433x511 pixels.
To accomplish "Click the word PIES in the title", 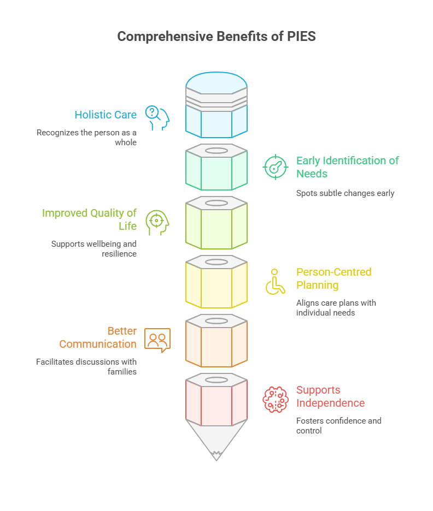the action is pyautogui.click(x=301, y=37).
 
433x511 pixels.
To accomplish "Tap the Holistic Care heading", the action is pyautogui.click(x=106, y=115).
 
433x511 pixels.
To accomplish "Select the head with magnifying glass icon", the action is pyautogui.click(x=157, y=118).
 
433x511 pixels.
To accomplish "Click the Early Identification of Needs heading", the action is pyautogui.click(x=347, y=167).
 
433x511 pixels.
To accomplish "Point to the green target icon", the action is pyautogui.click(x=276, y=167).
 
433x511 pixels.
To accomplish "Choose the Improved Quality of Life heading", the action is pyautogui.click(x=90, y=219).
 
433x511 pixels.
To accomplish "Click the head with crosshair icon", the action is pyautogui.click(x=157, y=222).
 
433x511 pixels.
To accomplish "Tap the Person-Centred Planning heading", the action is pyautogui.click(x=334, y=278).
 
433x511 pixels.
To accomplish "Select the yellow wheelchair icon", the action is pyautogui.click(x=276, y=282).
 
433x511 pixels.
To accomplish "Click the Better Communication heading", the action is pyautogui.click(x=98, y=337).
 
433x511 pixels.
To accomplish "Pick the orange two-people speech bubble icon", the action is pyautogui.click(x=157, y=340).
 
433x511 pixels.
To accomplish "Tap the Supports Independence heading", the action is pyautogui.click(x=330, y=396).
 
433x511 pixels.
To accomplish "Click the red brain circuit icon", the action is pyautogui.click(x=276, y=400).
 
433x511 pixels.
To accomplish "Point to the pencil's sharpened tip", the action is pyautogui.click(x=216, y=460).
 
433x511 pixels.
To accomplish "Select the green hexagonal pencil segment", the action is pyautogui.click(x=216, y=167).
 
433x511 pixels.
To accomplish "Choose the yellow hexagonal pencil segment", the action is pyautogui.click(x=216, y=282).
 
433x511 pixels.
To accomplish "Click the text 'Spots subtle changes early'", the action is pyautogui.click(x=345, y=193).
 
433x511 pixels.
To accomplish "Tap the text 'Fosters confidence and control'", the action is pyautogui.click(x=339, y=426).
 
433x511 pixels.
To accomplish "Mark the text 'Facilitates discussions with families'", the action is pyautogui.click(x=86, y=367).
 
